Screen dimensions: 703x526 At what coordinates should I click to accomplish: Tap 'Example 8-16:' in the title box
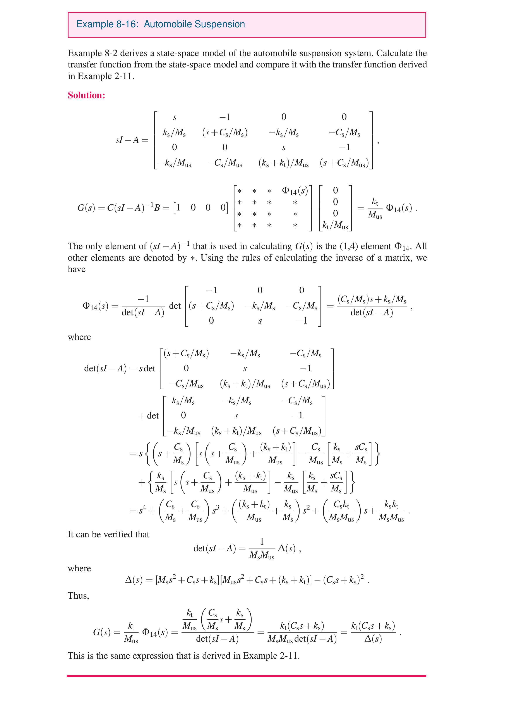[107, 24]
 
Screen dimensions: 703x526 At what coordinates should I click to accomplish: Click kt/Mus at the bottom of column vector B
[335, 225]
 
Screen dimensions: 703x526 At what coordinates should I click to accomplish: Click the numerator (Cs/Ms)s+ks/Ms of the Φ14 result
[372, 299]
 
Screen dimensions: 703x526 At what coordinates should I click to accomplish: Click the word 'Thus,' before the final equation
[78, 596]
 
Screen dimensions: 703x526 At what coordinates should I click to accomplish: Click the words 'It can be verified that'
[108, 534]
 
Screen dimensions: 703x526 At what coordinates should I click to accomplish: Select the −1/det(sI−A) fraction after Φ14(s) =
[143, 306]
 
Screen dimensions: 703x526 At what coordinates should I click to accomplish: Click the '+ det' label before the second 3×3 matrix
[149, 415]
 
